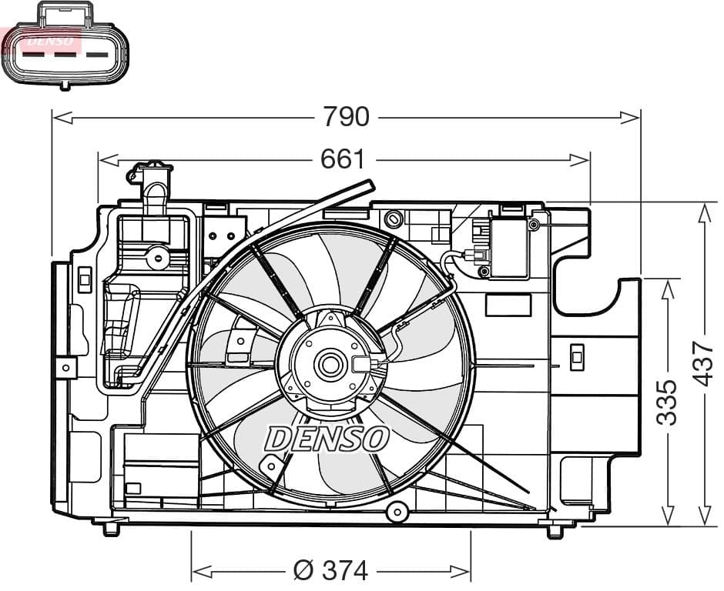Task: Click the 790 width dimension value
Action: (x=346, y=117)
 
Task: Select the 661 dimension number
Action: (x=342, y=159)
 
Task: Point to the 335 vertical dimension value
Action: (x=667, y=402)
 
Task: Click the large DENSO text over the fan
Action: (x=327, y=439)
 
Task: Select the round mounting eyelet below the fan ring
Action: (x=397, y=511)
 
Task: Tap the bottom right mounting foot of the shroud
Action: (x=555, y=530)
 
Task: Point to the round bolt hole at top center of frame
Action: (x=394, y=219)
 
